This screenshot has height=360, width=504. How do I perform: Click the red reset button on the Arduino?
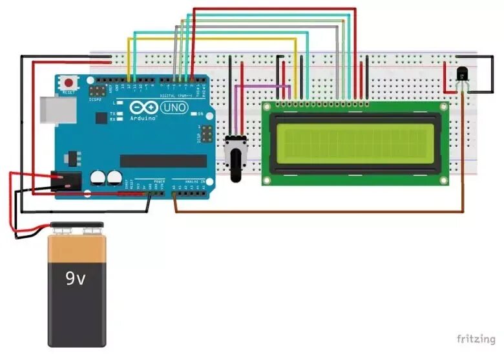click(x=68, y=83)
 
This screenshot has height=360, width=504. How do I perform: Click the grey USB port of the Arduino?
click(x=52, y=110)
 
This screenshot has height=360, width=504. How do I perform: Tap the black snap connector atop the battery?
click(x=77, y=227)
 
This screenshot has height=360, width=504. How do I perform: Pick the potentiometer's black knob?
click(x=233, y=162)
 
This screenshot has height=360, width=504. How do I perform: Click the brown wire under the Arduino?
click(x=323, y=211)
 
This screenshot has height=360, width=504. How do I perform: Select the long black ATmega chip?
click(x=163, y=160)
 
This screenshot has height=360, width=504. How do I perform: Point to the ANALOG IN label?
click(x=194, y=182)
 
